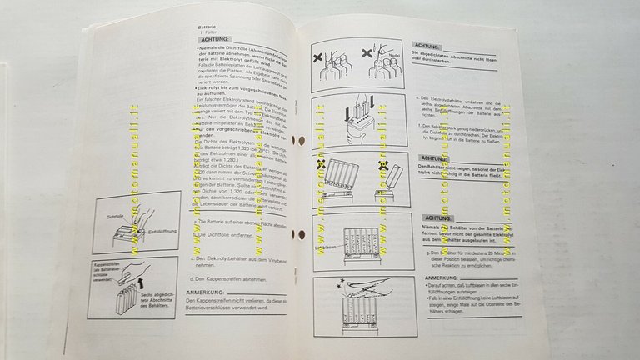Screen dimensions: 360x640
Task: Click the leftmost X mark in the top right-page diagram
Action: click(319, 59)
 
